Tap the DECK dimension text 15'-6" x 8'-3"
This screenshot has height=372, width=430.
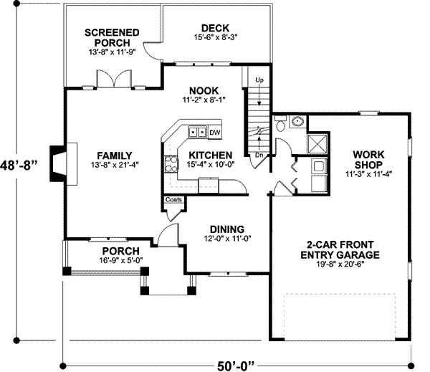coord(215,37)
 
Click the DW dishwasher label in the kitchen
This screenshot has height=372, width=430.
coord(215,133)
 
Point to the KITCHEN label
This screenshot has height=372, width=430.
coord(209,155)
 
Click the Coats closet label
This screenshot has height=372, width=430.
coord(173,200)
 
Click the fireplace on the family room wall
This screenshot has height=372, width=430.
coord(58,158)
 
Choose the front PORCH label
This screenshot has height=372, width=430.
coord(115,251)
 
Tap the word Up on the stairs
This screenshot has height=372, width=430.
coord(259,79)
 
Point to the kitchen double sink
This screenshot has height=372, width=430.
coord(197,132)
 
